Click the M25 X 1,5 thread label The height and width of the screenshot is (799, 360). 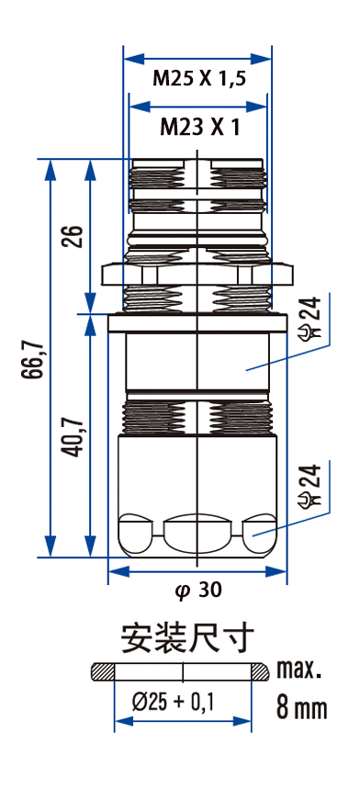(x=199, y=79)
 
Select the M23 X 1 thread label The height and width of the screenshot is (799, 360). (x=199, y=127)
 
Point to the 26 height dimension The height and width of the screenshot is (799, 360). (x=74, y=235)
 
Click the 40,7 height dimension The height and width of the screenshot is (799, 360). (x=74, y=436)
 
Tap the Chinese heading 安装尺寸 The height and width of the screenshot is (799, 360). (x=186, y=637)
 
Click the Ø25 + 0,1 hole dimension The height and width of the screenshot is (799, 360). (x=174, y=703)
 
